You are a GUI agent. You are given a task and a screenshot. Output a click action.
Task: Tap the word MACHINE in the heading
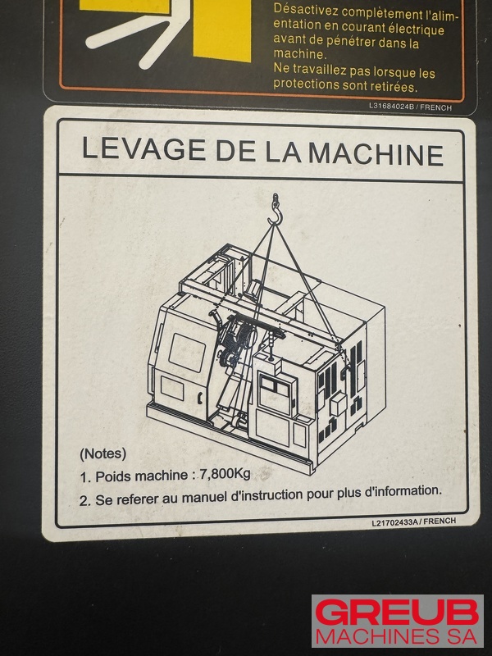[376, 154]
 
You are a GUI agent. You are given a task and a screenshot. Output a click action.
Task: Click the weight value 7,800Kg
[225, 474]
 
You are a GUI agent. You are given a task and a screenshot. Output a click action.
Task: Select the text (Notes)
[103, 453]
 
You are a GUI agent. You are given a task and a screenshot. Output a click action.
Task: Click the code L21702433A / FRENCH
[414, 522]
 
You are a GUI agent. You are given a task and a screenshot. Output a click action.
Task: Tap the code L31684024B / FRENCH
[410, 107]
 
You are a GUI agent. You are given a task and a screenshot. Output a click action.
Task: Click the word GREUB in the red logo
[397, 613]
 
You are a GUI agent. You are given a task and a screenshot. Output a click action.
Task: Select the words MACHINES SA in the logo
[397, 636]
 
